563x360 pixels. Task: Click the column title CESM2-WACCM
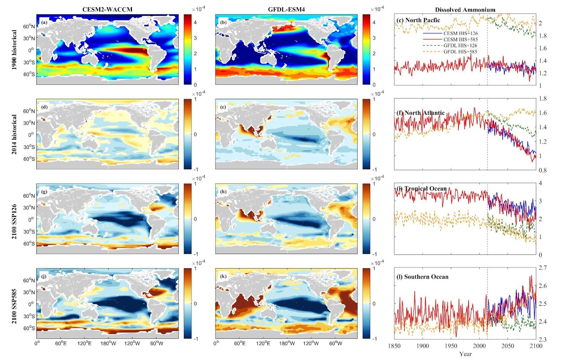click(x=110, y=10)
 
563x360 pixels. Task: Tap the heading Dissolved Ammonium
click(x=465, y=10)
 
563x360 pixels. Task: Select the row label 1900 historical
click(x=14, y=49)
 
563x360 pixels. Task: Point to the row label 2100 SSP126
click(x=14, y=219)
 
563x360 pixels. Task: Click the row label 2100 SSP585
click(x=14, y=303)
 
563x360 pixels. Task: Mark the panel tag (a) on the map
click(x=44, y=23)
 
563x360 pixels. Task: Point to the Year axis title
click(x=465, y=354)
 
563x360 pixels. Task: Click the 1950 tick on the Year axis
click(x=451, y=346)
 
